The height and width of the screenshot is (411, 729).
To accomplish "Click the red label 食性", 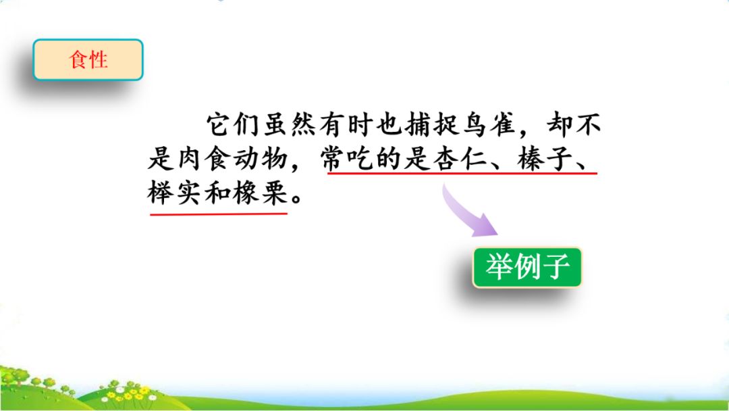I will coord(88,59).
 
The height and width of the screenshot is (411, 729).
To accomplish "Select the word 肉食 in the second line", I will coord(207,160).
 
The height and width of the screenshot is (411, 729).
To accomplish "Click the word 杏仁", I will coord(458,160).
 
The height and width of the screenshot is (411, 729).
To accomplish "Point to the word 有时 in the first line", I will coord(340,126).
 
